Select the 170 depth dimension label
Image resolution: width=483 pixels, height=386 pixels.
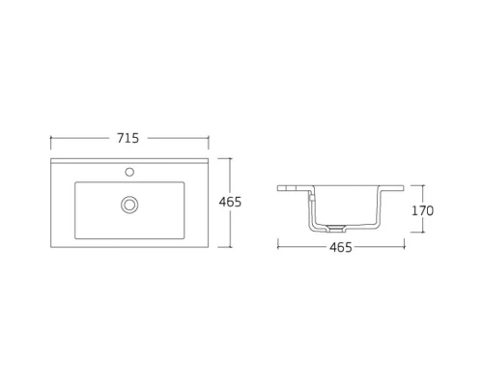click(x=422, y=210)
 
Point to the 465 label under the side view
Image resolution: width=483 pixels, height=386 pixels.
click(x=338, y=248)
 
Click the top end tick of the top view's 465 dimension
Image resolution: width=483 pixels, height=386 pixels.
click(x=229, y=158)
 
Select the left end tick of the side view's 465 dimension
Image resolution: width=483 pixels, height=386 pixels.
click(x=278, y=248)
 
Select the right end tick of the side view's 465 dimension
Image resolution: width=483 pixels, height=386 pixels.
click(x=398, y=248)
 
